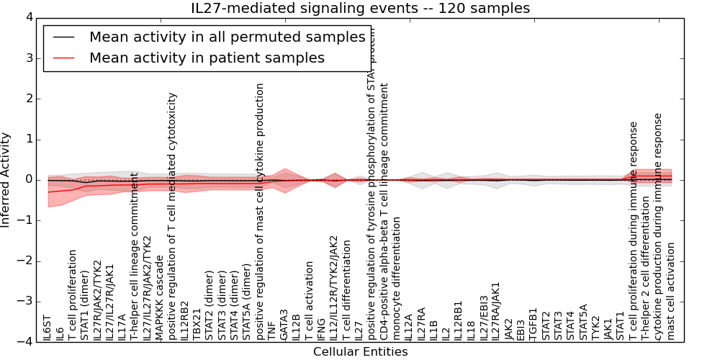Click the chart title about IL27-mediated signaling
point(360,9)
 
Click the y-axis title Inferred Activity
point(6,180)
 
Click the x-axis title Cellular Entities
point(360,352)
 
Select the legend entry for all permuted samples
point(227,37)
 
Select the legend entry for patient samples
point(207,58)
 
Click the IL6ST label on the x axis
point(48,327)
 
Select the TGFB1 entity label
point(534,325)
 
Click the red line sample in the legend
point(64,58)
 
